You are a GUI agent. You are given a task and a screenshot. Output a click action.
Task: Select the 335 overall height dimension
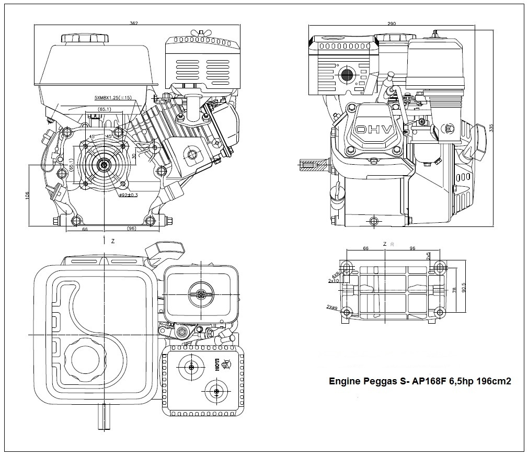click(x=491, y=128)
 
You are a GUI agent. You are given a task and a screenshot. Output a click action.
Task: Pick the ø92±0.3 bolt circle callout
click(x=129, y=195)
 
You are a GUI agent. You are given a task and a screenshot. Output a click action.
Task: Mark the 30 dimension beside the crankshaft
click(x=134, y=156)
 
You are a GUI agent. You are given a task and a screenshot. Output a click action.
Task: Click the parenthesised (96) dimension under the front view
click(x=131, y=229)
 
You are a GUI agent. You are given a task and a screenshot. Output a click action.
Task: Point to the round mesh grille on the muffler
click(x=347, y=75)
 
